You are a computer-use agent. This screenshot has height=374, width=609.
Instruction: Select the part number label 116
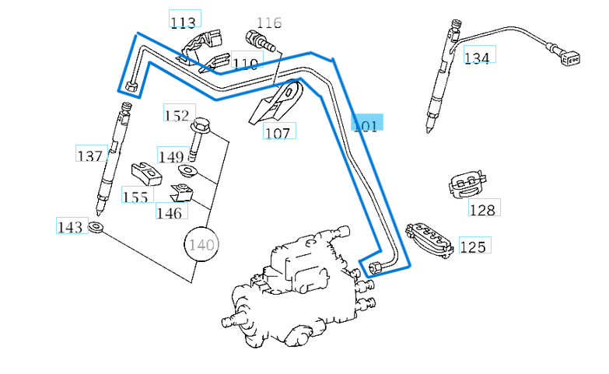pyautogui.click(x=269, y=22)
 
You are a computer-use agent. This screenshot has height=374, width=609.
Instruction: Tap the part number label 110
pyautogui.click(x=244, y=63)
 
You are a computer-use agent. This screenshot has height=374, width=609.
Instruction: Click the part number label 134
pyautogui.click(x=477, y=57)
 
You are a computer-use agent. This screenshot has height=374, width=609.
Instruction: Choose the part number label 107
pyautogui.click(x=277, y=132)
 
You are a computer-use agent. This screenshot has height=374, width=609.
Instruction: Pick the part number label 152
pyautogui.click(x=177, y=115)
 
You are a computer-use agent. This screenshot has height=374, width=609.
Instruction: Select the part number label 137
pyautogui.click(x=89, y=156)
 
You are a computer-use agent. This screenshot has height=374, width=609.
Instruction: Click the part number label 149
pyautogui.click(x=170, y=156)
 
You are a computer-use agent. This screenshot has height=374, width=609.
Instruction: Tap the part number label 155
pyautogui.click(x=135, y=196)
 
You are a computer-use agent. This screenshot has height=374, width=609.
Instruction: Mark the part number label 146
pyautogui.click(x=169, y=211)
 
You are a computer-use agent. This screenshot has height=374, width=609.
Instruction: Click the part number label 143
pyautogui.click(x=70, y=227)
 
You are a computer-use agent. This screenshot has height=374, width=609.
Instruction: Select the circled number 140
pyautogui.click(x=201, y=244)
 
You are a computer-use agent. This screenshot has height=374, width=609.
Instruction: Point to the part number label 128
pyautogui.click(x=482, y=209)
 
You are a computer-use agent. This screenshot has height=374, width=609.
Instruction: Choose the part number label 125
pyautogui.click(x=472, y=246)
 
